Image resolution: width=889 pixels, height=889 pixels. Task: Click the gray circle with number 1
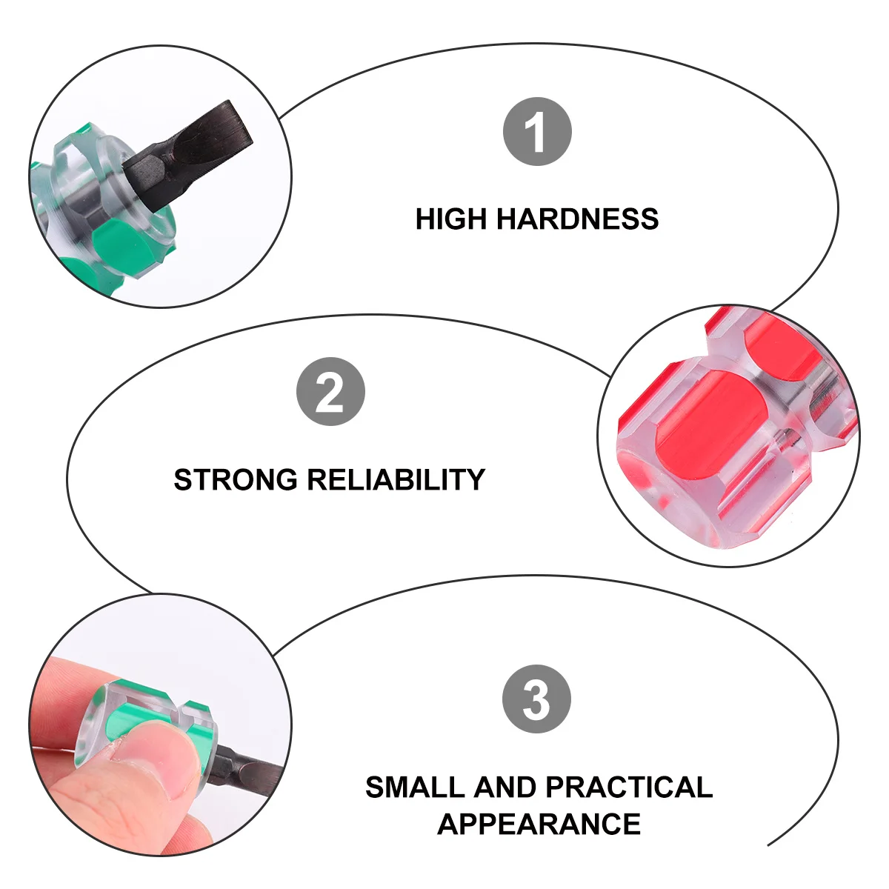pos(537,132)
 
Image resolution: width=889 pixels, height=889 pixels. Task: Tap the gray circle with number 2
pos(330,392)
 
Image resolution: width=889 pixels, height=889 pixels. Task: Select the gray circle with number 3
pos(536,699)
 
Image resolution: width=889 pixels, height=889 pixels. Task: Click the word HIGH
pos(451,219)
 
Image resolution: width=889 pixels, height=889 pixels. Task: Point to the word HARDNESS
pos(577,219)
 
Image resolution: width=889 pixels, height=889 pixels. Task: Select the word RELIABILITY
pos(396,480)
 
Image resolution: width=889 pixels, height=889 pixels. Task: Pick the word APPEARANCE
pos(539,824)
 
